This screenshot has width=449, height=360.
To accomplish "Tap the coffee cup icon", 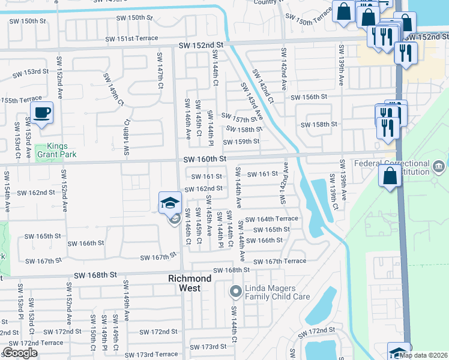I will click(x=41, y=113).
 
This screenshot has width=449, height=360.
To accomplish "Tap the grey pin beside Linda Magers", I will click(x=235, y=292).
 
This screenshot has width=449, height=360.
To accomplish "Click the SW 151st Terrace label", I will click(x=131, y=38).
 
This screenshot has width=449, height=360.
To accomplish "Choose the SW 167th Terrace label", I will click(x=279, y=261).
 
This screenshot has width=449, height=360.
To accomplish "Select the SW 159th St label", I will click(x=241, y=142).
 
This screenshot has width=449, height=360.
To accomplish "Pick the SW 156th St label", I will click(x=309, y=97).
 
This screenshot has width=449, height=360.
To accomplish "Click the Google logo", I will click(x=20, y=353).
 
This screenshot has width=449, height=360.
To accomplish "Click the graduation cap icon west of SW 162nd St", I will click(x=170, y=202).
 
